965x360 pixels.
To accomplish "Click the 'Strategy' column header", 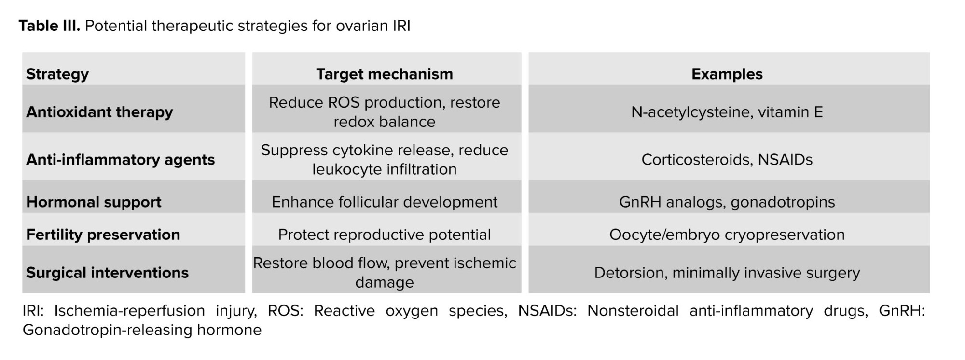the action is (x=57, y=74).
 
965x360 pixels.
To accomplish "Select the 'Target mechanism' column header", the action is (x=385, y=74).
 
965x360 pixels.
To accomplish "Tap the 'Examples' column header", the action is (x=727, y=74).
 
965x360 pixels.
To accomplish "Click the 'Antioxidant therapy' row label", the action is (x=99, y=112).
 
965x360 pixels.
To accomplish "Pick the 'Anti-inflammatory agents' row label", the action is (x=121, y=160).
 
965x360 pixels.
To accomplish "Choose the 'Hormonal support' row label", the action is (x=94, y=202).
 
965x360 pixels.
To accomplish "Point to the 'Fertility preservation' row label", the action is (x=103, y=235).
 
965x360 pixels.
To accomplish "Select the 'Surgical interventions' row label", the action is (x=107, y=273).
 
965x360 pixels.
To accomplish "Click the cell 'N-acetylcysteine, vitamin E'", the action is (x=727, y=112).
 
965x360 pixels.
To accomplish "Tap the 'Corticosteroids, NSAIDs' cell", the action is (x=727, y=160).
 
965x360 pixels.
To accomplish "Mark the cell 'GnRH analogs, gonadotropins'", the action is (x=727, y=202).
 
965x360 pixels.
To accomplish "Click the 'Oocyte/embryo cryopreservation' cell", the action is (x=727, y=235).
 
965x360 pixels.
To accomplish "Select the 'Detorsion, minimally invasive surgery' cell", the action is (x=727, y=273).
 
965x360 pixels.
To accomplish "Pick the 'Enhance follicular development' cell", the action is (x=385, y=202).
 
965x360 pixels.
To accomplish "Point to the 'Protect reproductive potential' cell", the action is (x=385, y=235).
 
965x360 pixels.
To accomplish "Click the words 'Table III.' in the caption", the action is (x=49, y=26).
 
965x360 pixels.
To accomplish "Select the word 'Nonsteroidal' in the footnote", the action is (x=633, y=311).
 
